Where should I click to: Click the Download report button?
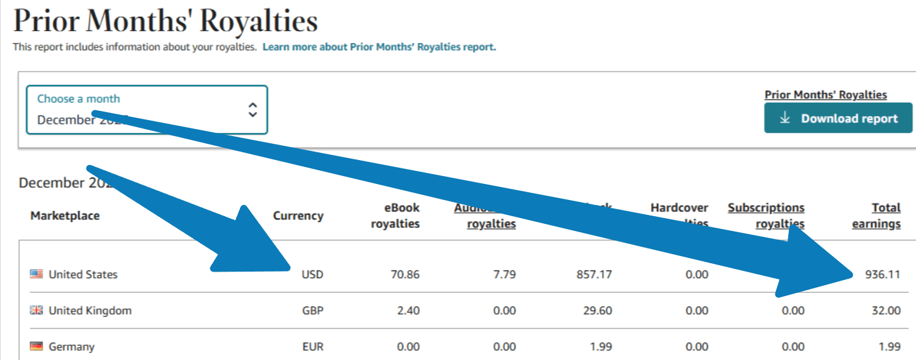click(x=838, y=118)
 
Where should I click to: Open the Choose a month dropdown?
click(x=146, y=110)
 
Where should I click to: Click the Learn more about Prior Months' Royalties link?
click(x=379, y=47)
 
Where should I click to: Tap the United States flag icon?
click(x=36, y=274)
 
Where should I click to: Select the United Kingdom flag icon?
click(x=36, y=310)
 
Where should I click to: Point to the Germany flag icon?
click(x=36, y=346)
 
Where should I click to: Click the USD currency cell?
click(x=312, y=274)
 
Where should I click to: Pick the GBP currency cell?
click(x=312, y=310)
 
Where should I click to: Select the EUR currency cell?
click(x=312, y=346)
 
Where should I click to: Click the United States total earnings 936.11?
click(x=883, y=274)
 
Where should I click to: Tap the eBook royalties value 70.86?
click(x=405, y=274)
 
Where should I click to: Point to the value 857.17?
click(x=594, y=274)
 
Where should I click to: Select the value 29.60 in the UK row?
click(x=597, y=310)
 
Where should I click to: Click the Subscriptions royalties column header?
click(x=766, y=215)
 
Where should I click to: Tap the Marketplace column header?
click(x=65, y=215)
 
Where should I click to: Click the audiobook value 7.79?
click(x=504, y=274)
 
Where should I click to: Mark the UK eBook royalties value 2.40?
click(x=408, y=310)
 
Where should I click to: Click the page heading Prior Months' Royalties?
click(x=166, y=21)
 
